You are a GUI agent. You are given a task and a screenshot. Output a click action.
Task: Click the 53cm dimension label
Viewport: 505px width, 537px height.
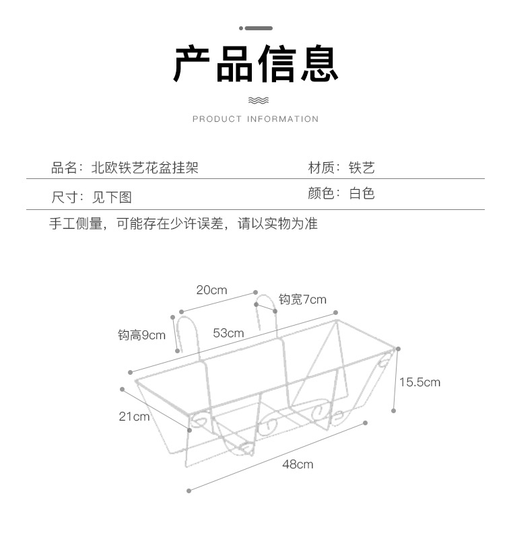coord(228,333)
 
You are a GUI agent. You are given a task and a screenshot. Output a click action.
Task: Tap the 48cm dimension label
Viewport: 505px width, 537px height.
coord(298,464)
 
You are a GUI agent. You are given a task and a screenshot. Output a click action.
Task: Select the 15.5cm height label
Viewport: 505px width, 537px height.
coord(419,382)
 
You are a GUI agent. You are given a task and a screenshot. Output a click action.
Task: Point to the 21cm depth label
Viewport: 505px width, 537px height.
coord(134,417)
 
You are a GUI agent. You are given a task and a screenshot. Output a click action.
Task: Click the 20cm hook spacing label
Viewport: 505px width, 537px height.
coord(211,290)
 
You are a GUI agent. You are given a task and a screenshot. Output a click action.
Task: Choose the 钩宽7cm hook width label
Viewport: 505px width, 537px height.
coord(302,299)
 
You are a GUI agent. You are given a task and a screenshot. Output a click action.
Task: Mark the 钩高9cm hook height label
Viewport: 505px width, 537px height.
coord(141,335)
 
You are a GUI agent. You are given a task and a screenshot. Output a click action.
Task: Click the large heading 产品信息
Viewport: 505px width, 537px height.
coord(256,64)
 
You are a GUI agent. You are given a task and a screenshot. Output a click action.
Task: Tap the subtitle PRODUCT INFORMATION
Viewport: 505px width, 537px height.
coord(256,119)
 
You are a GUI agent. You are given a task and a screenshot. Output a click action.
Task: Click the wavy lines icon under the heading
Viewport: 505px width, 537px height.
coord(259,100)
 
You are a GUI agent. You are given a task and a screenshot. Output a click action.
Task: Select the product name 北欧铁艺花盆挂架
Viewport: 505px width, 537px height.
coord(145,168)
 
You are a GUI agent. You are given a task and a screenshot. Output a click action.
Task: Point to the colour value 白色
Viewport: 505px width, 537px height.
coord(362,194)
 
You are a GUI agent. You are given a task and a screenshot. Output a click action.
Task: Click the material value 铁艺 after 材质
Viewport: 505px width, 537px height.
coord(362,168)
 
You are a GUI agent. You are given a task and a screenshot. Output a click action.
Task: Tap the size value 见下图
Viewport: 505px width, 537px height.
coord(112,197)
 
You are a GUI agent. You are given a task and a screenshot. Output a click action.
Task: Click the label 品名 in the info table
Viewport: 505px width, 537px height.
coord(64,168)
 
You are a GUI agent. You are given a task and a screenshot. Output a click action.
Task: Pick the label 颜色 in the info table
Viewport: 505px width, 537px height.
coord(321,194)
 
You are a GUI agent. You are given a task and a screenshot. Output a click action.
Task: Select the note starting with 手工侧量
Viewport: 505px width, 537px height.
coord(184,223)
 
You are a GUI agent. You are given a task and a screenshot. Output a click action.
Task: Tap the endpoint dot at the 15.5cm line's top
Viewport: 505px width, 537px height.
coord(398,349)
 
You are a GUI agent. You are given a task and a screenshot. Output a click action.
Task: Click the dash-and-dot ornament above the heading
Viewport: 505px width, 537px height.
coord(256,28)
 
